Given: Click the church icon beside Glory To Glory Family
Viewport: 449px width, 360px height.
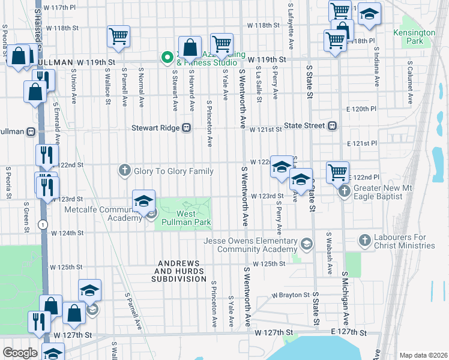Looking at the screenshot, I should (x=125, y=171).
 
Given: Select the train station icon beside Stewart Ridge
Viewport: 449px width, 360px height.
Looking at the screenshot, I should (x=187, y=127).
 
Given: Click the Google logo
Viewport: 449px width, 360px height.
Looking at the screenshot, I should (x=20, y=353).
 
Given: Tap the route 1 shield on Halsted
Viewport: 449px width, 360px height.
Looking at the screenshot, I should (x=41, y=224).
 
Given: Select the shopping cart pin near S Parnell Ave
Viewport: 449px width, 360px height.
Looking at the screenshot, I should (x=118, y=37).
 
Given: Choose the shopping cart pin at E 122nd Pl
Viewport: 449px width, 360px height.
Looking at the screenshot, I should (x=337, y=172).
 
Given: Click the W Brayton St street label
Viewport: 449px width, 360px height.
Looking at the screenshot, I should (x=291, y=295).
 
